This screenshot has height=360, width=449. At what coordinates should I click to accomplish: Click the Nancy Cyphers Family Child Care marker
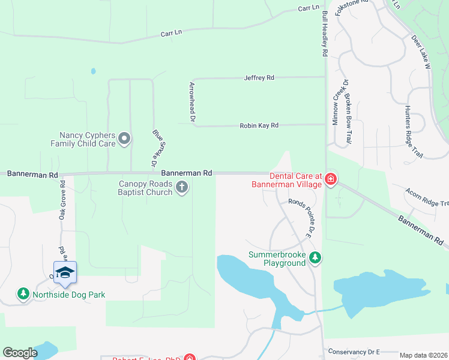124,139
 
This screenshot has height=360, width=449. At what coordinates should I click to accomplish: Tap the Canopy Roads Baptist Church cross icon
182,188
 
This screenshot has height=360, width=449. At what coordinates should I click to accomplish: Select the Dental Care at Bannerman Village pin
331,179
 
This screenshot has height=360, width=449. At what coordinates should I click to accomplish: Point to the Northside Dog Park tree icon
23,294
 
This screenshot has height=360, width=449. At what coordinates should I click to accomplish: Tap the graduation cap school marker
65,273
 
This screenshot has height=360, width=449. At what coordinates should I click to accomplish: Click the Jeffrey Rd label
259,78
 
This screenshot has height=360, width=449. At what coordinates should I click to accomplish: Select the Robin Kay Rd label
259,125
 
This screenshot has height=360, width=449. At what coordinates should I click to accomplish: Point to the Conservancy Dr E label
354,352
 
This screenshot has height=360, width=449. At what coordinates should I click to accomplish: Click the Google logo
20,353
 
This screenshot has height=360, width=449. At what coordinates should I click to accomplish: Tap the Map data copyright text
423,355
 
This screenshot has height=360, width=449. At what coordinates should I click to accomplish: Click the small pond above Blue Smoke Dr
93,71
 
